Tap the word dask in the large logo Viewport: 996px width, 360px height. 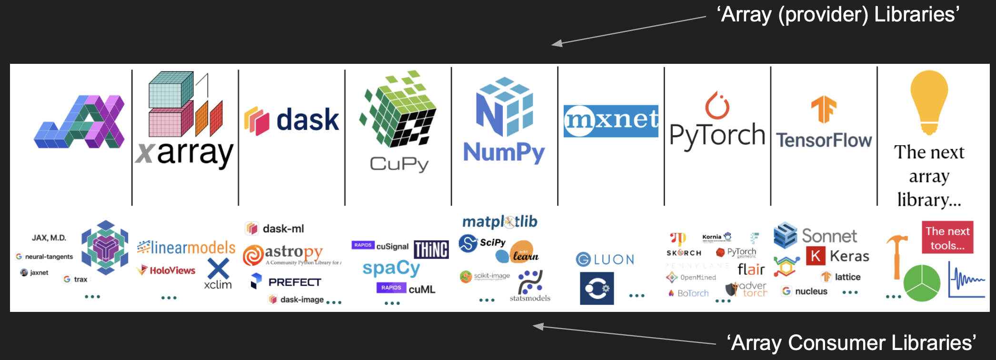(308, 120)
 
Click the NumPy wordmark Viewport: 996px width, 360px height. (504, 153)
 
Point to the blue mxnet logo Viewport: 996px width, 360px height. (611, 121)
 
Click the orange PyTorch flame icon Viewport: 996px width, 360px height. (717, 106)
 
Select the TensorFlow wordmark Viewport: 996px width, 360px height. (824, 140)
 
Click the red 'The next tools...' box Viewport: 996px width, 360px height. (947, 238)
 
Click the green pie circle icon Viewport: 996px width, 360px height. (922, 283)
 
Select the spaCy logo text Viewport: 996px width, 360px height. (391, 269)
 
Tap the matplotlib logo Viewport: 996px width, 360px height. (499, 221)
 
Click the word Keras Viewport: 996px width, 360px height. (849, 256)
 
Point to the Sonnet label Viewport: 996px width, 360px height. (829, 236)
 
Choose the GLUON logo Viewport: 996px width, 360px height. (605, 260)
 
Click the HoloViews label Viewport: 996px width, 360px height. (172, 270)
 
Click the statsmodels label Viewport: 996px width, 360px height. (529, 298)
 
